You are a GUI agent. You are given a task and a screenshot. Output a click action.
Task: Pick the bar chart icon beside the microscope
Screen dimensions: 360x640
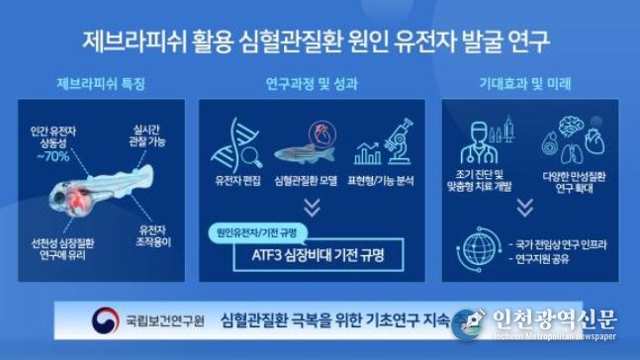point(369,151)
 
